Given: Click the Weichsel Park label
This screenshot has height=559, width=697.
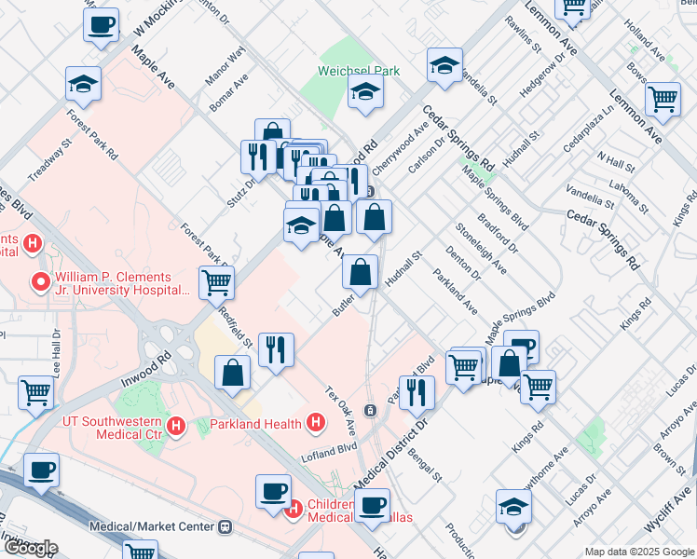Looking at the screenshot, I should pyautogui.click(x=358, y=71).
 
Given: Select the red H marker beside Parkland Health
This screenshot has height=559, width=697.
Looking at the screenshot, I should pyautogui.click(x=316, y=424).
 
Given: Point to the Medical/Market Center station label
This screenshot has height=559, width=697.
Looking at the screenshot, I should pyautogui.click(x=152, y=526).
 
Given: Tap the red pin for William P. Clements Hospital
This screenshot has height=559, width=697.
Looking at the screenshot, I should pyautogui.click(x=40, y=280).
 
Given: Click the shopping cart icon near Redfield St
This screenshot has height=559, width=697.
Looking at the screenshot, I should pyautogui.click(x=216, y=281).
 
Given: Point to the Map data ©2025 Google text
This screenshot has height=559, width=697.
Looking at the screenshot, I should pyautogui.click(x=638, y=552).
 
